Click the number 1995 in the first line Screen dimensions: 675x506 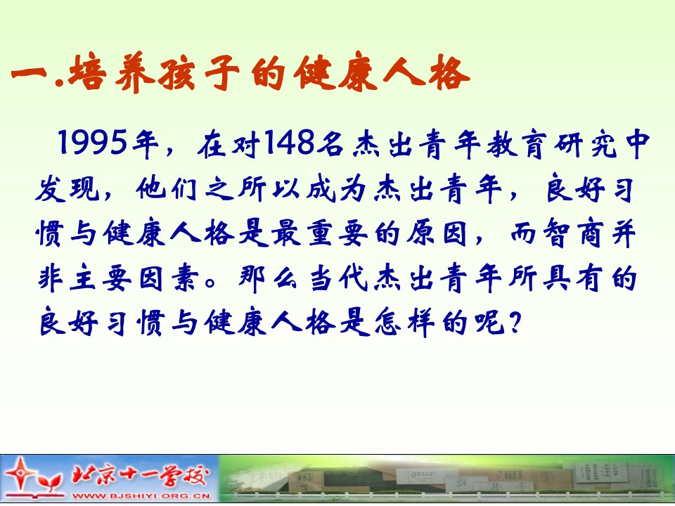click(x=93, y=143)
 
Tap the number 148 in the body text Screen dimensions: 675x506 click(x=289, y=143)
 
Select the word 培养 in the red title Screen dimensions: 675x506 click(x=111, y=73)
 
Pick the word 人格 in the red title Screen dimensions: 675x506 click(x=426, y=73)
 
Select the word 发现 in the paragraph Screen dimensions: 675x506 click(x=68, y=189)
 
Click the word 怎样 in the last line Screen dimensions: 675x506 click(x=404, y=323)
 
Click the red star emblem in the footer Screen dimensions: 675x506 click(x=20, y=474)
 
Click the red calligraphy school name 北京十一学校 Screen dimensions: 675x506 click(x=141, y=476)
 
